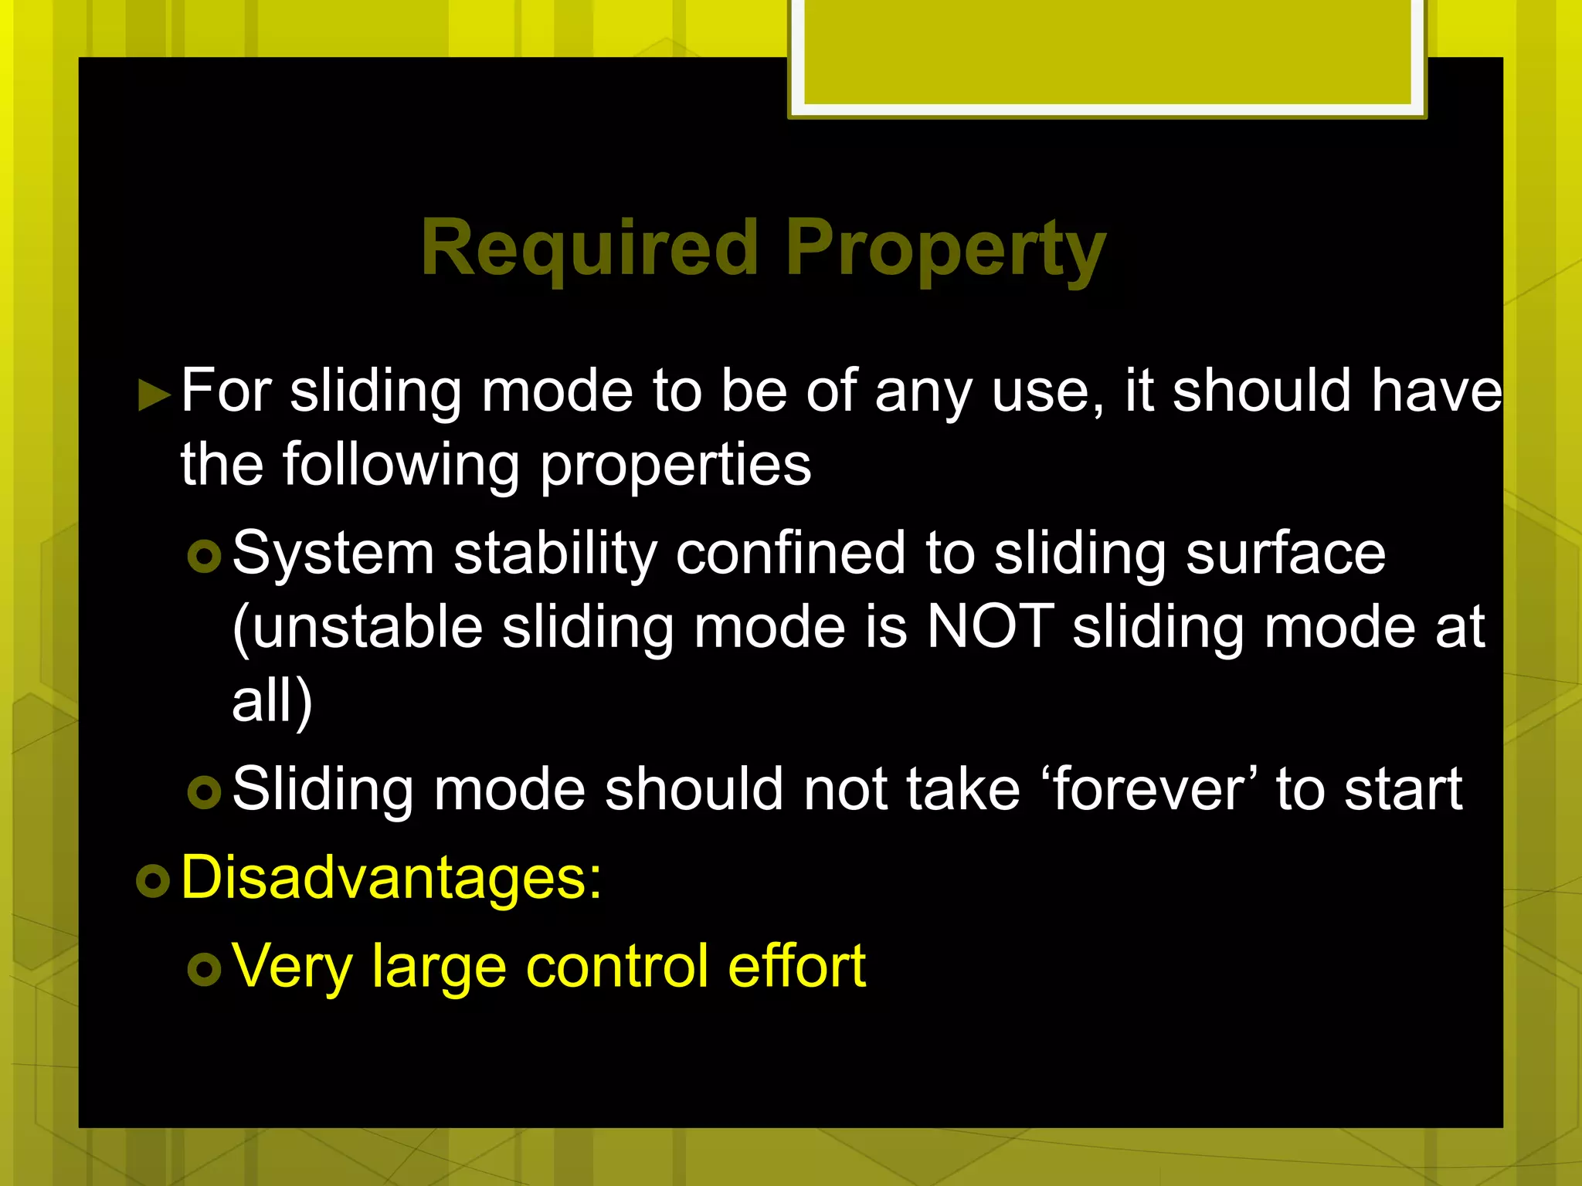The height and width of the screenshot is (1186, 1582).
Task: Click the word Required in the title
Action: [x=589, y=249]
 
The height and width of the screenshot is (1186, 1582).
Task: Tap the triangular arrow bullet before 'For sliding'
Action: [x=154, y=395]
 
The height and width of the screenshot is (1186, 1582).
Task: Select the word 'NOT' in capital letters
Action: [x=990, y=626]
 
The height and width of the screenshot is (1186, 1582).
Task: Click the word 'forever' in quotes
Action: [x=1156, y=789]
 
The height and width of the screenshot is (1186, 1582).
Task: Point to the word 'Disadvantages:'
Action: [x=391, y=878]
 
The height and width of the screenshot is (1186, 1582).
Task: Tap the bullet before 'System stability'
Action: [x=204, y=556]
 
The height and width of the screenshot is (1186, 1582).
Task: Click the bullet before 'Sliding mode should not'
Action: [x=204, y=792]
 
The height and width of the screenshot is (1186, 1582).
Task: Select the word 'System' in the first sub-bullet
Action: [x=333, y=554]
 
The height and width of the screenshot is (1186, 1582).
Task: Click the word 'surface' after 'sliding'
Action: [x=1285, y=554]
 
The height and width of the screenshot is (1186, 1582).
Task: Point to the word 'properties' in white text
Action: [x=675, y=466]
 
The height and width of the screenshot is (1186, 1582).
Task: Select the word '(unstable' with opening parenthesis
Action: [x=358, y=626]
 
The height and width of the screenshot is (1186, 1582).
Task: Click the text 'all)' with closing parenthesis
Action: [x=272, y=700]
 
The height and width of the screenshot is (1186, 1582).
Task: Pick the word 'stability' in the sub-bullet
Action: [x=555, y=554]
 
